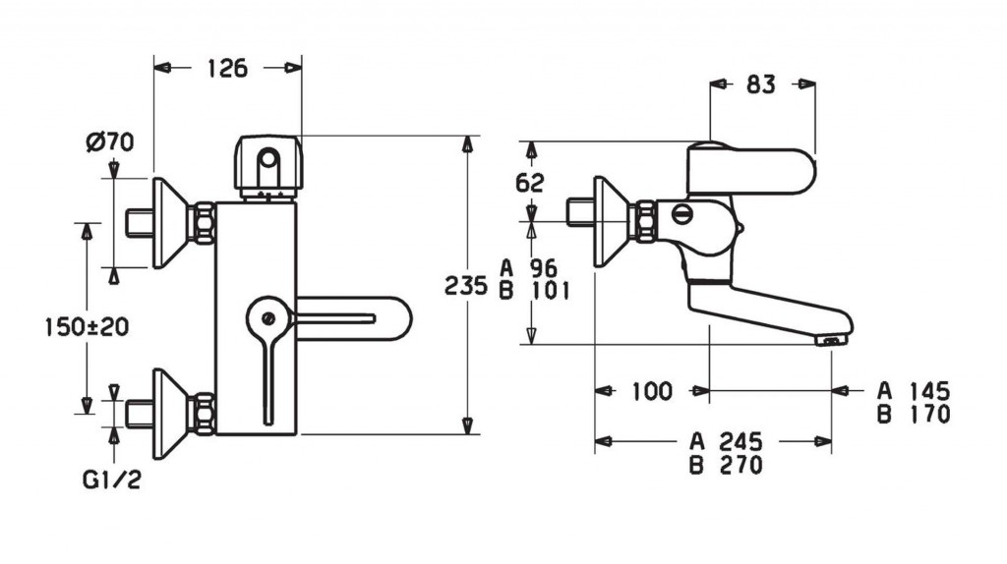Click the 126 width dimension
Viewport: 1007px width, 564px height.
pyautogui.click(x=227, y=68)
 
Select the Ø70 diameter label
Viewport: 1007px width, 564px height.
pyautogui.click(x=110, y=141)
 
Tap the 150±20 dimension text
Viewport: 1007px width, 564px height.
pyautogui.click(x=87, y=327)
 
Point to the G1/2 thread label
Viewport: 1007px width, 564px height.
pyautogui.click(x=112, y=479)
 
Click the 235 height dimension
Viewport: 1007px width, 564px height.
pyautogui.click(x=466, y=286)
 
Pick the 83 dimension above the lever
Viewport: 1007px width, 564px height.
pyautogui.click(x=761, y=85)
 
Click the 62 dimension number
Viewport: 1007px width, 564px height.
pyautogui.click(x=530, y=183)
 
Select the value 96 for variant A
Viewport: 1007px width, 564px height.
pyautogui.click(x=544, y=268)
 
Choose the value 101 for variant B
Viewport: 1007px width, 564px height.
pyautogui.click(x=551, y=291)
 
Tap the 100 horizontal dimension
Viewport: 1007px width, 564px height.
pyautogui.click(x=652, y=391)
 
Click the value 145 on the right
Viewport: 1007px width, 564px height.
pyautogui.click(x=929, y=391)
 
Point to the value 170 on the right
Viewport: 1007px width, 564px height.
pyautogui.click(x=929, y=414)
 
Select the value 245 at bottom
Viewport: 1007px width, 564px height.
pyautogui.click(x=740, y=441)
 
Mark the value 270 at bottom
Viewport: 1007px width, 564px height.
pyautogui.click(x=740, y=465)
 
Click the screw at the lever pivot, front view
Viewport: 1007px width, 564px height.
pyautogui.click(x=269, y=317)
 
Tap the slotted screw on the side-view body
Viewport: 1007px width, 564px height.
pyautogui.click(x=682, y=214)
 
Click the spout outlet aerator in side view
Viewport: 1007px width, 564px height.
pyautogui.click(x=830, y=341)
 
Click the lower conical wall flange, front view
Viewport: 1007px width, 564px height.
pyautogui.click(x=169, y=414)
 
